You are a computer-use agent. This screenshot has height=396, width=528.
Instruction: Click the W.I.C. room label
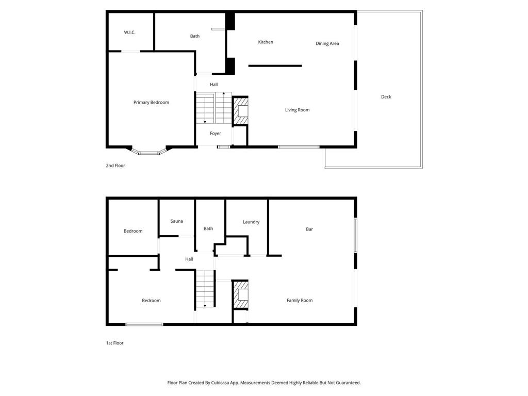click(129, 32)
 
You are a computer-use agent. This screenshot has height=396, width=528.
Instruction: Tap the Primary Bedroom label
click(151, 103)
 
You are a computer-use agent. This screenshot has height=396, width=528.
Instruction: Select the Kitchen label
click(266, 42)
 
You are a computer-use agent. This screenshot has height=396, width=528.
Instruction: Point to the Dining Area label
click(327, 44)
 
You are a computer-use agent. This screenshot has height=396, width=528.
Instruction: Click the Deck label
click(386, 97)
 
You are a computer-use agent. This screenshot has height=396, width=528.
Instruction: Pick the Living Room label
click(297, 110)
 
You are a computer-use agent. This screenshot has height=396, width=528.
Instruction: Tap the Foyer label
click(215, 134)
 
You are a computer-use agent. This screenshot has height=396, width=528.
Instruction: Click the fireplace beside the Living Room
click(241, 111)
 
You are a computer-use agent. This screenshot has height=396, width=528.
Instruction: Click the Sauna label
click(176, 221)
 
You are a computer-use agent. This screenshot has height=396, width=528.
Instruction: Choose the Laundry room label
click(251, 222)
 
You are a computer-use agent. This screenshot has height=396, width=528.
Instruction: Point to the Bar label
click(309, 229)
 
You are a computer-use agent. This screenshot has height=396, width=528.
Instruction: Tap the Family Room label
click(299, 301)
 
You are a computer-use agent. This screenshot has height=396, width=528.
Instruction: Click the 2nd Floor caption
click(115, 166)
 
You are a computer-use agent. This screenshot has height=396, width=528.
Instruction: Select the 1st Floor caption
click(114, 343)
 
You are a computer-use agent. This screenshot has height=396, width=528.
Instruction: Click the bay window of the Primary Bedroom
click(149, 152)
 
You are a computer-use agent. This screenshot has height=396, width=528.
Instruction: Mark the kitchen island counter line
click(275, 66)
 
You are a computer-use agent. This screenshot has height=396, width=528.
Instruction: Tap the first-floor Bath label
click(208, 228)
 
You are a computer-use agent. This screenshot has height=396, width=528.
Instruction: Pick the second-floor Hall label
click(213, 85)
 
